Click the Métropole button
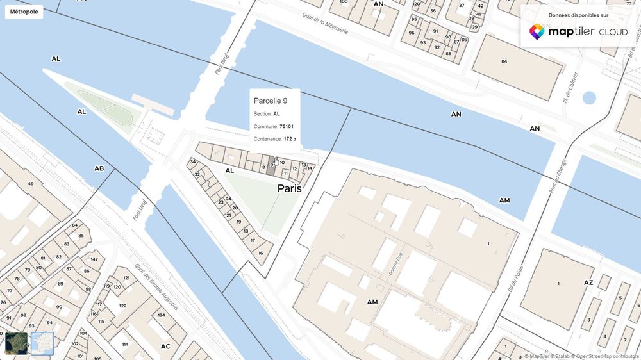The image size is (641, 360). [x=23, y=12]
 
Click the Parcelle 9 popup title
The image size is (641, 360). [x=274, y=101]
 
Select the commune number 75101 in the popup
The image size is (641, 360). [x=287, y=126]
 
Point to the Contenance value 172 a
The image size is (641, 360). [x=290, y=138]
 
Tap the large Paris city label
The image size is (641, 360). [x=289, y=189]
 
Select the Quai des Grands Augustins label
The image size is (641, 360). [x=157, y=289]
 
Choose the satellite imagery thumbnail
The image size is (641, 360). [x=16, y=343]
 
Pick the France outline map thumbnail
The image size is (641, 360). [x=42, y=343]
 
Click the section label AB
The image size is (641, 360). [x=99, y=168]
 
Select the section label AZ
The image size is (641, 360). [x=588, y=282]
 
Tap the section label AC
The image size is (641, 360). [x=165, y=346]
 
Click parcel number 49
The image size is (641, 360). [x=30, y=184]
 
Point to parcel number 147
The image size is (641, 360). [x=94, y=259]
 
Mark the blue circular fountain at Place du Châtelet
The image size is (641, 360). [x=588, y=98]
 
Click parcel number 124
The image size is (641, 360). [x=162, y=315]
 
